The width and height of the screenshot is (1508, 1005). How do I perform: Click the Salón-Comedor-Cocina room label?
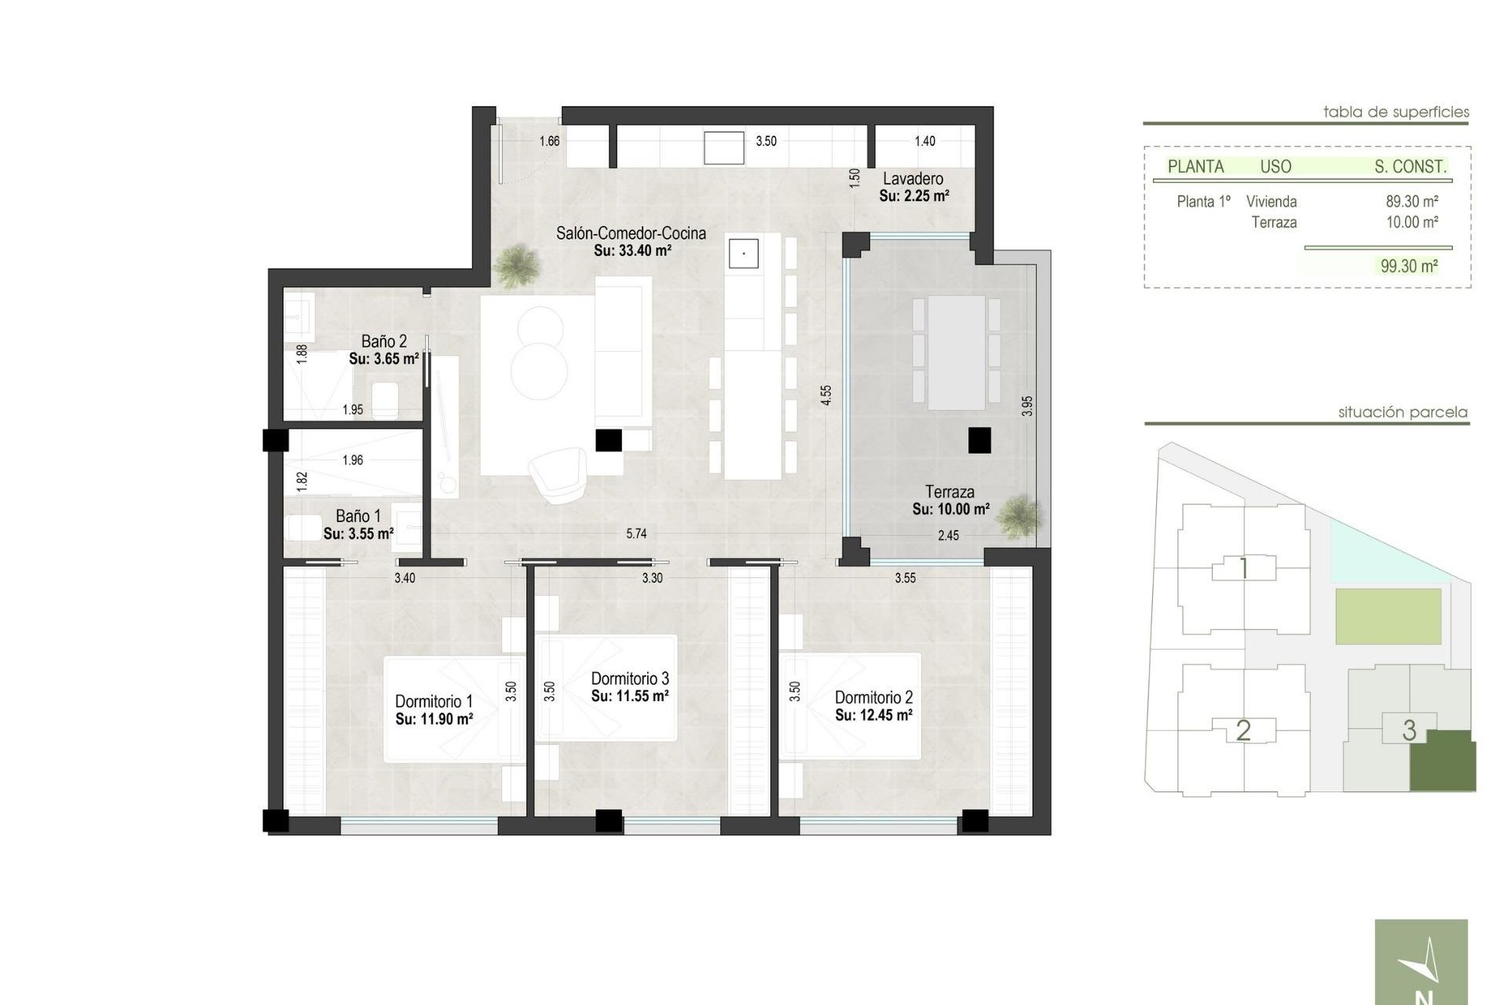click(631, 233)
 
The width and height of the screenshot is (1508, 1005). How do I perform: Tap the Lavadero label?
click(913, 179)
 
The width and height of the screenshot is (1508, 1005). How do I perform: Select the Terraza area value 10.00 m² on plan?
click(950, 510)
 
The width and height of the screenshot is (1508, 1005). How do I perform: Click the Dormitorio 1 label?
click(434, 701)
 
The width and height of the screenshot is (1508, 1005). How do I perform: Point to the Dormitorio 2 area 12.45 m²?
click(873, 715)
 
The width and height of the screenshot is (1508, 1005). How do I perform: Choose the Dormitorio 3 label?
click(630, 678)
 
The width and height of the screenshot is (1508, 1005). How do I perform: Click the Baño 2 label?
click(384, 342)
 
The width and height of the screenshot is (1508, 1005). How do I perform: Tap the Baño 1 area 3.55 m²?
click(358, 534)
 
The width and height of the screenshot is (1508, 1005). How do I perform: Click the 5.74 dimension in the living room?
click(636, 534)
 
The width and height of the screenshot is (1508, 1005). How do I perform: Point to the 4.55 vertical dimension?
click(825, 395)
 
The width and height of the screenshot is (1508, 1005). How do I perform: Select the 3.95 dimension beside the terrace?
click(1027, 406)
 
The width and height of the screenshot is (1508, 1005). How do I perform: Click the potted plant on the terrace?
click(1020, 517)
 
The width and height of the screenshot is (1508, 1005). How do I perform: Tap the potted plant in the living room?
click(518, 265)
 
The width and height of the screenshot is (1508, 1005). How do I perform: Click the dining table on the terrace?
click(956, 353)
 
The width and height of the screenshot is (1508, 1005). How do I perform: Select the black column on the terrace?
click(979, 440)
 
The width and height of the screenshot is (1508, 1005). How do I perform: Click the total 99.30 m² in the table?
click(1409, 266)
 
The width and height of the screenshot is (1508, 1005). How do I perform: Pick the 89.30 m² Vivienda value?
click(1411, 202)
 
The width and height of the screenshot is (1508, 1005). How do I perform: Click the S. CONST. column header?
click(1410, 166)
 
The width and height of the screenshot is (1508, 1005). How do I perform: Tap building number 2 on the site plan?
click(1243, 730)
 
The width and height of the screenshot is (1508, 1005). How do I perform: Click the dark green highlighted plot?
click(1443, 762)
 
